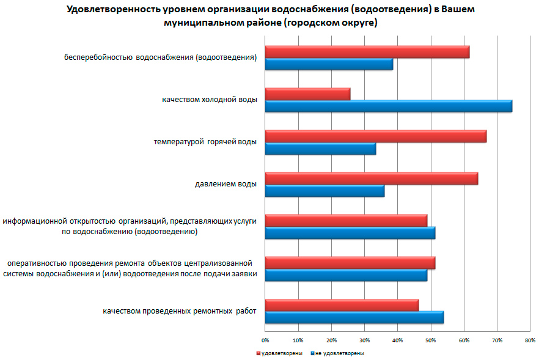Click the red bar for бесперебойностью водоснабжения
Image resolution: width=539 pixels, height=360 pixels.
click(367, 52)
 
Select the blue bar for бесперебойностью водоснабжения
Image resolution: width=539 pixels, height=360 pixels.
click(329, 64)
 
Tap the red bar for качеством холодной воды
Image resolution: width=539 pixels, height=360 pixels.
click(307, 94)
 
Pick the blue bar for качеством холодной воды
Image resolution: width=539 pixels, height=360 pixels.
click(388, 106)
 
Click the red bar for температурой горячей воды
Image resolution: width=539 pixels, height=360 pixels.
click(375, 136)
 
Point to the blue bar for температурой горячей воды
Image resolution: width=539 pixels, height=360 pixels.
click(320, 149)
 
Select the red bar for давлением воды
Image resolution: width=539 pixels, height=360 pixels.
click(371, 178)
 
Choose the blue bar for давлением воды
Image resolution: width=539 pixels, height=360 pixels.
click(324, 191)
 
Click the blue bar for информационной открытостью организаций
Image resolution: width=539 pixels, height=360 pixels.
click(350, 233)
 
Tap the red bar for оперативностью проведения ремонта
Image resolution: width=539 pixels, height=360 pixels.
click(350, 263)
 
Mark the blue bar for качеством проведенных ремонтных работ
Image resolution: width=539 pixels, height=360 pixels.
click(354, 317)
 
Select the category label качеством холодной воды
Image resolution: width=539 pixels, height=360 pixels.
click(210, 99)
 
